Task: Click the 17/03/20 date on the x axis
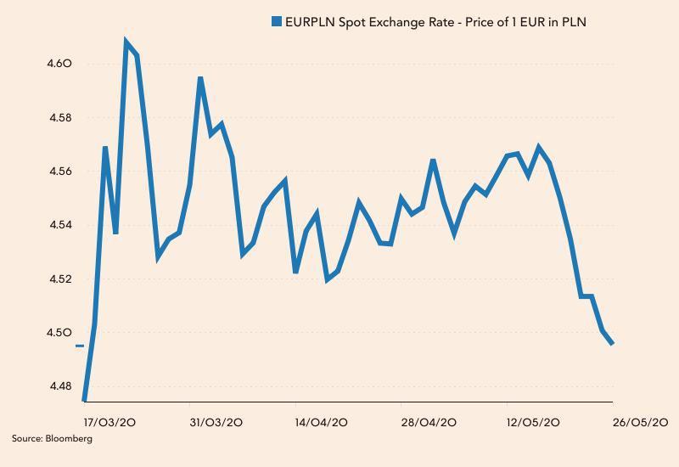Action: coord(110,422)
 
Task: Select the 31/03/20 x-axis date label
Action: coord(216,422)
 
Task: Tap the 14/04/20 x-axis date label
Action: coord(321,422)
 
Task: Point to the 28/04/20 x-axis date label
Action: coord(429,422)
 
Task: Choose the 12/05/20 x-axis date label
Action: coord(533,422)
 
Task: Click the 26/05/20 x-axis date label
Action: coord(641,422)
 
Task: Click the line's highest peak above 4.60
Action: coord(126,41)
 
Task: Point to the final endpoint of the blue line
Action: coord(613,344)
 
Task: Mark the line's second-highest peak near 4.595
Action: coord(200,78)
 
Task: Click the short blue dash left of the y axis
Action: coord(80,346)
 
